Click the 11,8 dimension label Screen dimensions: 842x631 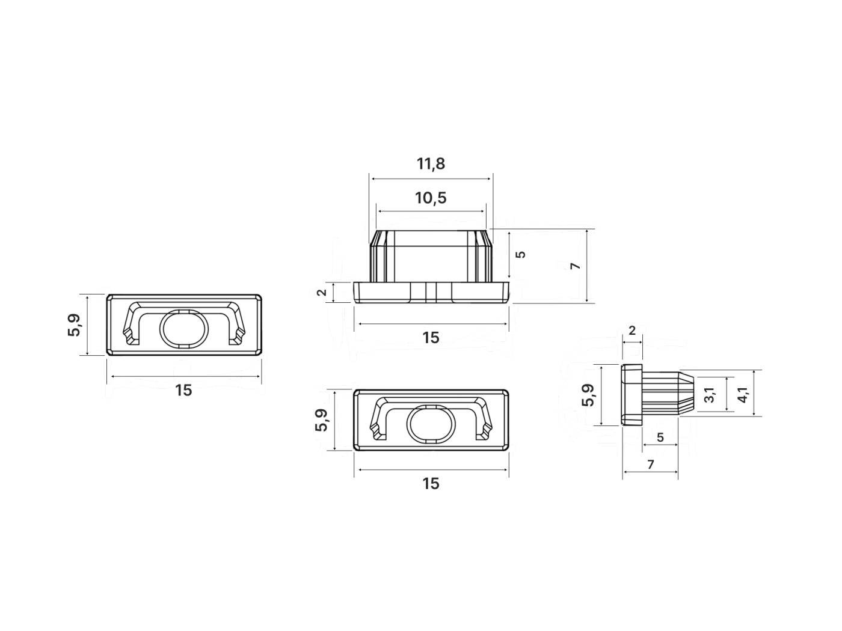click(431, 164)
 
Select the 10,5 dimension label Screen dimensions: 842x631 click(431, 198)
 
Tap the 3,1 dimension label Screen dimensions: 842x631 click(709, 395)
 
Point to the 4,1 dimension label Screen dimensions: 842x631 click(742, 395)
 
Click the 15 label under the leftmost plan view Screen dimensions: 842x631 click(183, 391)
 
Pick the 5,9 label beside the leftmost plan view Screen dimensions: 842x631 click(75, 325)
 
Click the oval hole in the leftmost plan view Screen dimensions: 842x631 click(184, 328)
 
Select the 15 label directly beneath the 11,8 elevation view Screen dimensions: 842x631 click(431, 338)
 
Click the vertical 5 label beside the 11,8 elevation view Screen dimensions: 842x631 click(521, 254)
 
